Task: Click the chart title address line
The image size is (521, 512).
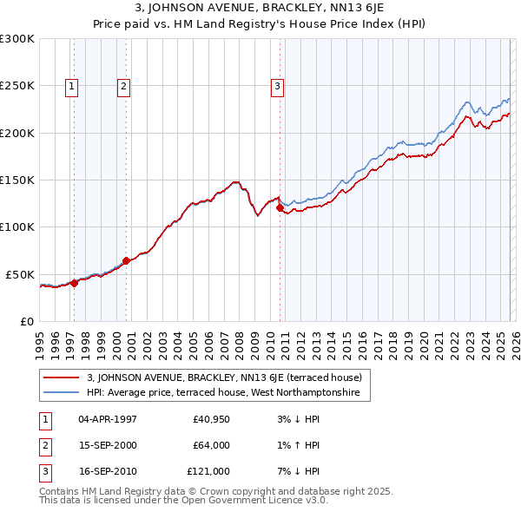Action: click(x=260, y=9)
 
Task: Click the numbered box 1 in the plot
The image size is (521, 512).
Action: click(x=71, y=86)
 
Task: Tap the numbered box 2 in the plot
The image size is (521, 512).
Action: click(x=124, y=86)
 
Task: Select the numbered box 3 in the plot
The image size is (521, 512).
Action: click(x=277, y=86)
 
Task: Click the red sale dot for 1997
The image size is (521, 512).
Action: click(x=75, y=282)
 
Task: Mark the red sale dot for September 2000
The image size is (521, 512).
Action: click(x=127, y=260)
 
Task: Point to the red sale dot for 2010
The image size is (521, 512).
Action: click(x=280, y=207)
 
